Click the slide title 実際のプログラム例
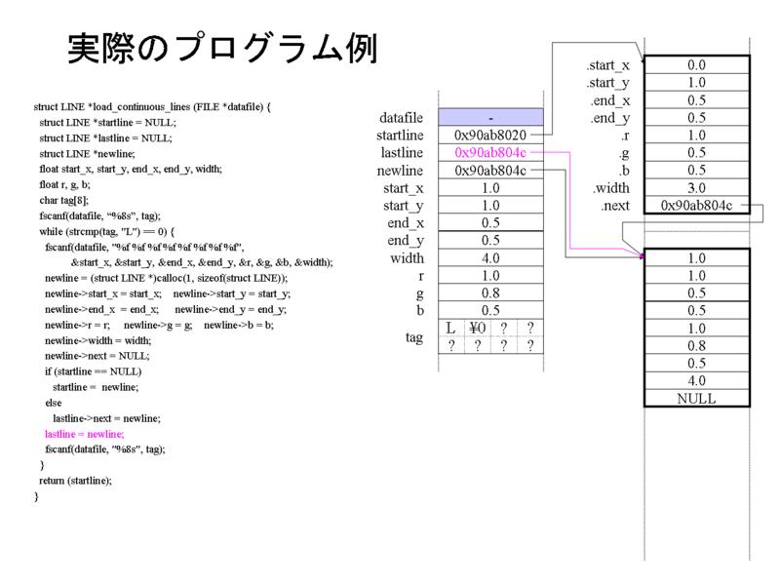(x=222, y=49)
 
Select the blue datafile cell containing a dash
(x=490, y=117)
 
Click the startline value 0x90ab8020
(x=490, y=135)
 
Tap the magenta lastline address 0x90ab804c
(x=490, y=152)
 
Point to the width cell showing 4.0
(x=490, y=257)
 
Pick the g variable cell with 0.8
(x=490, y=293)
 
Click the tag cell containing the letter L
(x=451, y=328)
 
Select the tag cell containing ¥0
(x=478, y=328)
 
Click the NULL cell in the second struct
(x=696, y=399)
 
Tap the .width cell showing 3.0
(x=696, y=187)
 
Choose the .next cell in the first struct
(x=696, y=206)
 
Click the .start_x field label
(x=607, y=65)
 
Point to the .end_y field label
(x=610, y=118)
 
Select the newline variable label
(x=400, y=171)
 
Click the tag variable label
(x=413, y=337)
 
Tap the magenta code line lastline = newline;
(x=85, y=434)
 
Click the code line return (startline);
(x=76, y=481)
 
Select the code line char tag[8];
(x=64, y=200)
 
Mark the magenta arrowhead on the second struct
(x=642, y=255)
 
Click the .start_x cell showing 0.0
(x=696, y=64)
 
